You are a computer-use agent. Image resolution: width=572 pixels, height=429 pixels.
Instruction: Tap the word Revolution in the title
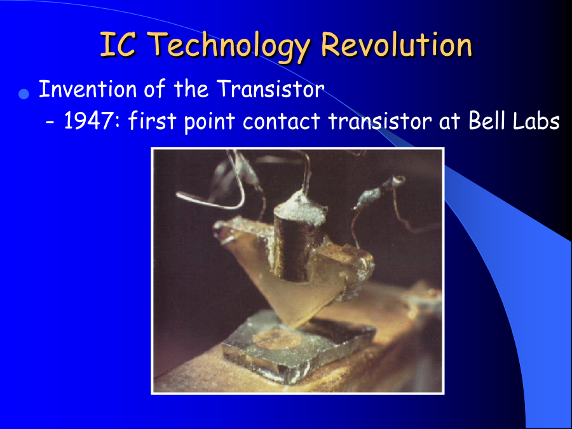click(x=397, y=44)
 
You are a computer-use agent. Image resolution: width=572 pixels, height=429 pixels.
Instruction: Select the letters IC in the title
click(x=118, y=44)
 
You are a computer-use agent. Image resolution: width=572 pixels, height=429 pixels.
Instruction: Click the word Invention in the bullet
click(x=88, y=88)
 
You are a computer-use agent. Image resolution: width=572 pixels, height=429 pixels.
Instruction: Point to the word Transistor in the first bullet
click(x=270, y=88)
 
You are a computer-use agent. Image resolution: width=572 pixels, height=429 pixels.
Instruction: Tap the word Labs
click(x=536, y=120)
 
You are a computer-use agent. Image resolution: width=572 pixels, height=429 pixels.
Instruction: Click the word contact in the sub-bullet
click(x=282, y=121)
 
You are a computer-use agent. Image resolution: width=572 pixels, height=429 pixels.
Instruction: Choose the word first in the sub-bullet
click(x=152, y=120)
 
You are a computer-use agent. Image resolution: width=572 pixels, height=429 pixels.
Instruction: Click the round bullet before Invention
click(x=24, y=94)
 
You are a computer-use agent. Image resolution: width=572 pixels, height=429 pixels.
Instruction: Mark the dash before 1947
click(x=50, y=123)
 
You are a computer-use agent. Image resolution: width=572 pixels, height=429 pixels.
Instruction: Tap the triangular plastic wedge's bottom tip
click(x=295, y=326)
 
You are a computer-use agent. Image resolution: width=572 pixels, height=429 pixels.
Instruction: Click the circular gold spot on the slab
click(x=277, y=339)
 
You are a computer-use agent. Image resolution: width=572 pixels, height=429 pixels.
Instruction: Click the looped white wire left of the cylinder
click(x=215, y=189)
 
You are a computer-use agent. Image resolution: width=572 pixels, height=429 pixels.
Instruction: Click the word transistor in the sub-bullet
click(x=380, y=120)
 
